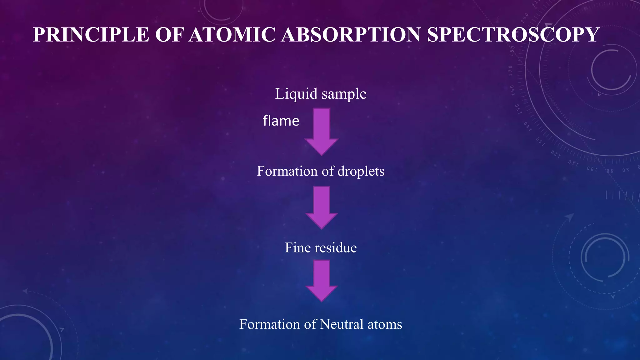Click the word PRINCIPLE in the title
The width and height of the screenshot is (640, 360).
[91, 34]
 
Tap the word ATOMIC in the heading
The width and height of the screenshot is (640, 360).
[232, 34]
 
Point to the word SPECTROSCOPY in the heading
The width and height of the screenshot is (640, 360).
[513, 34]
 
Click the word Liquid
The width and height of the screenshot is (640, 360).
[296, 94]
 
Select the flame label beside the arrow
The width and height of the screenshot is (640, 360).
[281, 121]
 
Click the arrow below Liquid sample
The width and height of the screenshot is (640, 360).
[321, 131]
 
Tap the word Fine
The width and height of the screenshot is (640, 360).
[297, 247]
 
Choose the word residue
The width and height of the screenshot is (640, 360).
[336, 247]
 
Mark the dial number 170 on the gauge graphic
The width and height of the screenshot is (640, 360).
[510, 71]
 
